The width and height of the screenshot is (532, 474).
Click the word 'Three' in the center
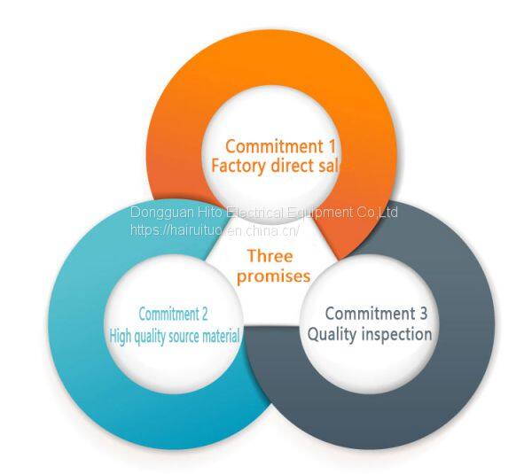click(x=270, y=256)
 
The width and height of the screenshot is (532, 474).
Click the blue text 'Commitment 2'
click(x=174, y=315)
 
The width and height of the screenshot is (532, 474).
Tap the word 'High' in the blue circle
click(x=121, y=336)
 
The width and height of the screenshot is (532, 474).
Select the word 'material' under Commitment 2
click(x=219, y=336)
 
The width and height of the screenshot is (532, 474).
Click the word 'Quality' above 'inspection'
click(x=331, y=335)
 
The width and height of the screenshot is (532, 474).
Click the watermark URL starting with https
click(x=215, y=229)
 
